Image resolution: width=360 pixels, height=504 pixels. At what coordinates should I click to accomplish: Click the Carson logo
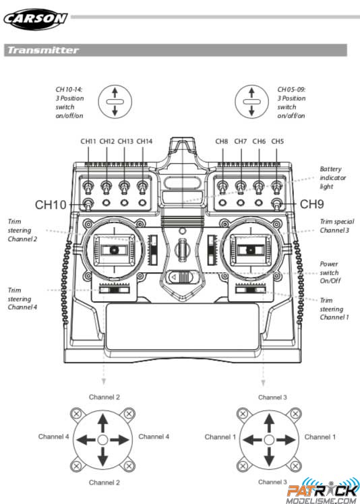pyautogui.click(x=35, y=19)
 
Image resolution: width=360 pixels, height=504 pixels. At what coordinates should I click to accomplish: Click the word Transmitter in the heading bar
pyautogui.click(x=43, y=50)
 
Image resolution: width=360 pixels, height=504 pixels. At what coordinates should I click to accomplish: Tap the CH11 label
pyautogui.click(x=88, y=141)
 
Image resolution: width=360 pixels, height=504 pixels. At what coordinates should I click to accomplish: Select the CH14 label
pyautogui.click(x=144, y=141)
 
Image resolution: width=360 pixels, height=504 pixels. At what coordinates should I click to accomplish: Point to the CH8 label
pyautogui.click(x=222, y=141)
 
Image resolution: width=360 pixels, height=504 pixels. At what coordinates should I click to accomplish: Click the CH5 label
pyautogui.click(x=277, y=141)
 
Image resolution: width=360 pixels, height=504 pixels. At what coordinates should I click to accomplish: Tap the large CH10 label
pyautogui.click(x=51, y=205)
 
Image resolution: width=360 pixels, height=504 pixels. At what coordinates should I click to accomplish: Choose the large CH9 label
pyautogui.click(x=311, y=204)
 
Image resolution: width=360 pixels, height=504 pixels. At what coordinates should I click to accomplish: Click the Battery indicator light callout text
pyautogui.click(x=332, y=177)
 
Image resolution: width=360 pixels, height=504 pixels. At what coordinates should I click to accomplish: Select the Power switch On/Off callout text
pyautogui.click(x=330, y=272)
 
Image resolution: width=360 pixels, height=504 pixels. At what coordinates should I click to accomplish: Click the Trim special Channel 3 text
pyautogui.click(x=336, y=226)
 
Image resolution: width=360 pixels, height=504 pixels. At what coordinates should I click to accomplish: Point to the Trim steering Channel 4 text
pyautogui.click(x=22, y=298)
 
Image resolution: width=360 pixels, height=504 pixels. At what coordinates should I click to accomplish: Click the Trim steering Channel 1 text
pyautogui.click(x=334, y=309)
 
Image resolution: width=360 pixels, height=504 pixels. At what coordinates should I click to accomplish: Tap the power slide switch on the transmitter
pyautogui.click(x=181, y=277)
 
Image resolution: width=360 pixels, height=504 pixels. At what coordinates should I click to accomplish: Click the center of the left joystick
pyautogui.click(x=114, y=250)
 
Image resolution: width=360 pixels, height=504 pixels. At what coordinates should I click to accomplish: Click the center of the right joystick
pyautogui.click(x=251, y=250)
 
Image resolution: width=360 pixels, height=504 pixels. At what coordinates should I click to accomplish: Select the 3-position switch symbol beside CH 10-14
pyautogui.click(x=115, y=102)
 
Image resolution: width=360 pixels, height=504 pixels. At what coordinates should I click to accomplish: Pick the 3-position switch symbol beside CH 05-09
pyautogui.click(x=251, y=102)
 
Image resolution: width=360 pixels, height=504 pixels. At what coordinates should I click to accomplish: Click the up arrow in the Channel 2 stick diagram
pyautogui.click(x=102, y=422)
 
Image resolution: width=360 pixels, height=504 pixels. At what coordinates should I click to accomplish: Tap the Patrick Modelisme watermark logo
pyautogui.click(x=323, y=491)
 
